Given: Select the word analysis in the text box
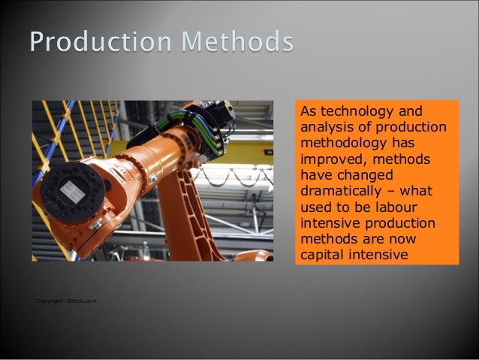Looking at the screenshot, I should click(x=324, y=126).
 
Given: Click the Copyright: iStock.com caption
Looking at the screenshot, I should click(x=66, y=301).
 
